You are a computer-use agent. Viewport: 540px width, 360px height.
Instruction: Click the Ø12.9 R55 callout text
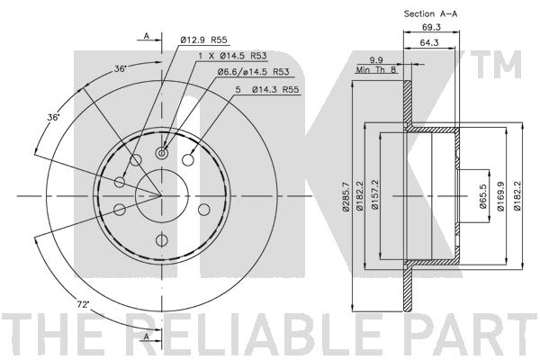tap(203, 40)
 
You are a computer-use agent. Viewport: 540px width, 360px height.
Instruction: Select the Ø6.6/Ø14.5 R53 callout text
tap(236, 71)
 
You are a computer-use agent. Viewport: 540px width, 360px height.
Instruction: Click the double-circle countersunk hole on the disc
tap(162, 152)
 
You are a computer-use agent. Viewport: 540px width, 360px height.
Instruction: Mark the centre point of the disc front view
tap(161, 195)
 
